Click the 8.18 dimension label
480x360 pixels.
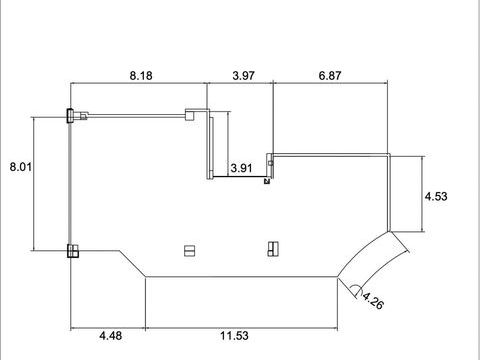coord(141,76)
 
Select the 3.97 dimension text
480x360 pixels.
coord(243,76)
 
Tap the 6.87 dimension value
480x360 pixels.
coord(330,76)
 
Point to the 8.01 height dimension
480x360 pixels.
coord(21,167)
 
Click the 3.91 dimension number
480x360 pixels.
coord(241,168)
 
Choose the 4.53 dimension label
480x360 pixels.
coord(436,196)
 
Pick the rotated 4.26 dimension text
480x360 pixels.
coord(373,300)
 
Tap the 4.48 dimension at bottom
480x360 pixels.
coord(111,336)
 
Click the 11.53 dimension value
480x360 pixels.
coord(234,336)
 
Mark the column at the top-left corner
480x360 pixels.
coord(70,116)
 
